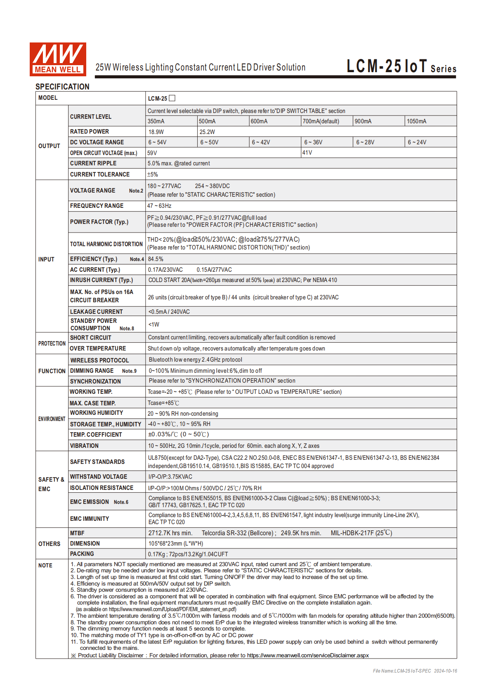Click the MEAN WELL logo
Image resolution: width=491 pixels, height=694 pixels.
(58, 59)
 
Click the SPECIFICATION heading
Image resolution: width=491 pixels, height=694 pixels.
(62, 87)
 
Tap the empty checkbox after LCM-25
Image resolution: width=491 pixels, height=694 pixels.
(172, 98)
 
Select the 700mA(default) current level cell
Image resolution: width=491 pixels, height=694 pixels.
(321, 121)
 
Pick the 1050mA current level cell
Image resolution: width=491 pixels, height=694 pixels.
(417, 121)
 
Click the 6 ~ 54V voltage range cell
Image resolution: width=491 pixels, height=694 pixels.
(157, 142)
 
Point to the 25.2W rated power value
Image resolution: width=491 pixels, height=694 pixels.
(207, 132)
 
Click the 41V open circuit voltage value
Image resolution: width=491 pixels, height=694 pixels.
(307, 153)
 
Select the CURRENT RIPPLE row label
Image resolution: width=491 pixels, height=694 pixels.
(93, 163)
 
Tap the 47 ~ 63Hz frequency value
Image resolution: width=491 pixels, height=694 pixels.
(159, 206)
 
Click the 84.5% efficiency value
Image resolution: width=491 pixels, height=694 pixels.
(156, 259)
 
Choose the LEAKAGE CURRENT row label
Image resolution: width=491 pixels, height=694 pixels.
(97, 312)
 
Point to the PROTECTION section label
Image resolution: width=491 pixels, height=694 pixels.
(52, 343)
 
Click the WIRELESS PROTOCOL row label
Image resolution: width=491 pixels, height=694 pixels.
(99, 360)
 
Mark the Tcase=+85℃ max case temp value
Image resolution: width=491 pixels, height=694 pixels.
(163, 403)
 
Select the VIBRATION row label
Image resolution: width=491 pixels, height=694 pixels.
(84, 446)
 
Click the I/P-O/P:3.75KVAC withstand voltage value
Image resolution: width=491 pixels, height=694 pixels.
(170, 477)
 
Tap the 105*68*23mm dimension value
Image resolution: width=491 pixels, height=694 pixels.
(176, 543)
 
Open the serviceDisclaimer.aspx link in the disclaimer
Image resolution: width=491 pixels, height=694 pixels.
(308, 655)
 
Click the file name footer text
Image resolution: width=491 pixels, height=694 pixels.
(415, 671)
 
